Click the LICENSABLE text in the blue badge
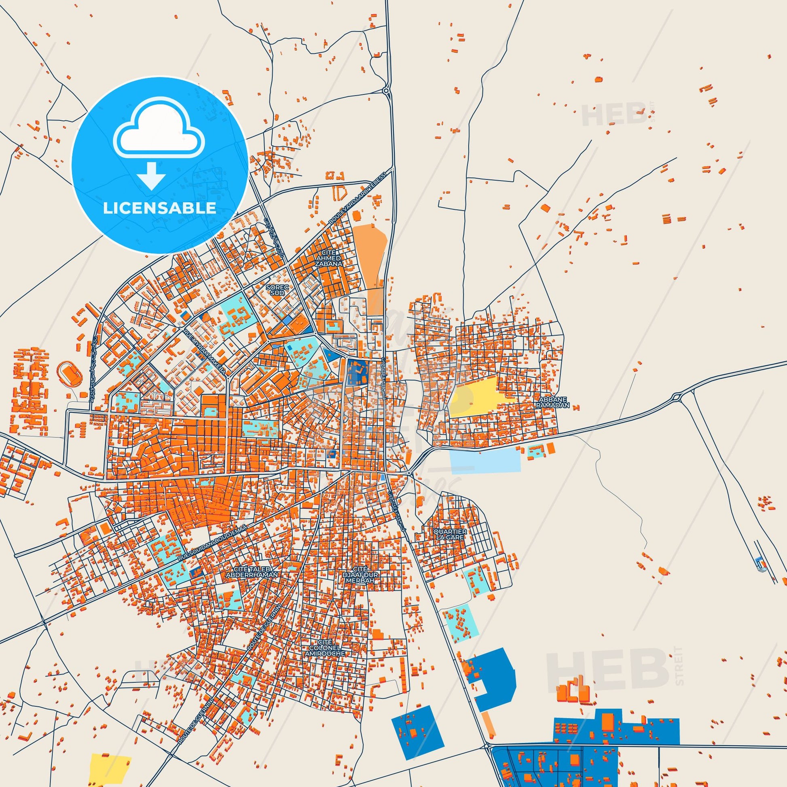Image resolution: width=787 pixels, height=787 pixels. tap(159, 208)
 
